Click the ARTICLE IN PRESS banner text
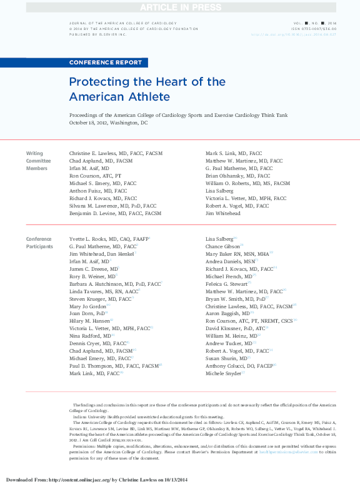coord(180,7)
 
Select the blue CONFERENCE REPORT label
coord(106,63)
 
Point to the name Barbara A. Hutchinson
coord(114,283)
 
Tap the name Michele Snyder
coord(222,373)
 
